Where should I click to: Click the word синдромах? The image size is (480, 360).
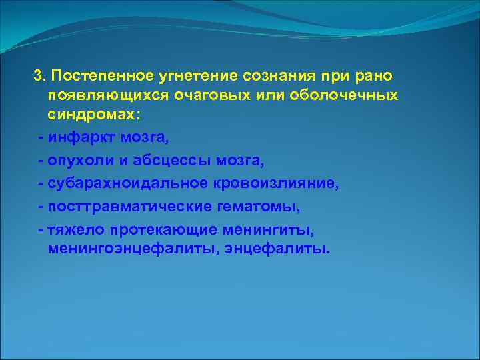[94, 116]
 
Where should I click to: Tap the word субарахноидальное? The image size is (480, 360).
[126, 184]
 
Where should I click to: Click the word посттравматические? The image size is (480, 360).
[130, 207]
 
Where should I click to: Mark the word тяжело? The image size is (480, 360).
[70, 230]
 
